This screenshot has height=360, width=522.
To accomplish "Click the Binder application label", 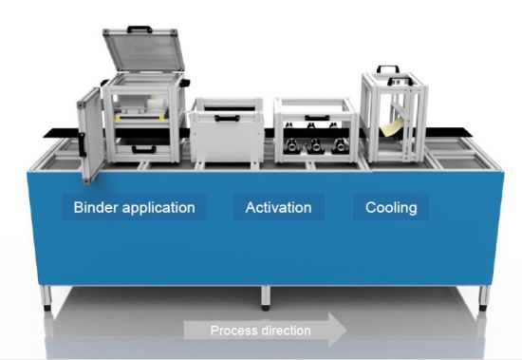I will [x=134, y=206].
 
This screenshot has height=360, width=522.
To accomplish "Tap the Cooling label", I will [x=393, y=206].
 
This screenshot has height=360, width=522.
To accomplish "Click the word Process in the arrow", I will [x=232, y=330].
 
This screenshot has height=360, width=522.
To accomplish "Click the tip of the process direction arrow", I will [x=345, y=330].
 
